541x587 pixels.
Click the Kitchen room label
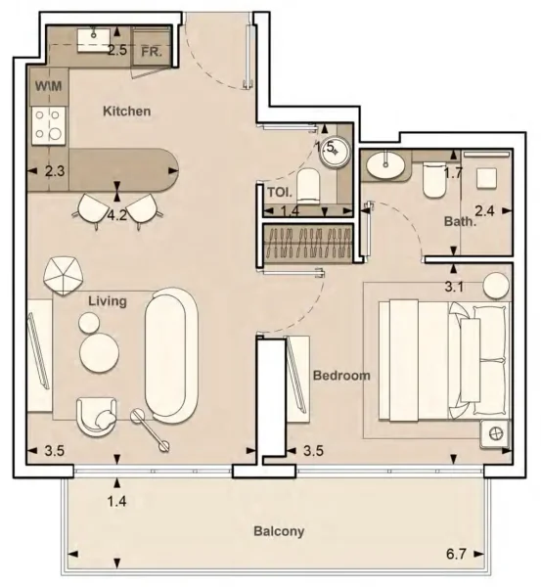coord(127,112)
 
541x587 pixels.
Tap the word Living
coord(107,301)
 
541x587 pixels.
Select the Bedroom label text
coord(341,376)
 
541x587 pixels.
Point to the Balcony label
coord(279,532)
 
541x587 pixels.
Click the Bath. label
coord(460,222)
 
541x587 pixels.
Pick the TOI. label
coord(280,192)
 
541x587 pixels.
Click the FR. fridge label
coord(152,50)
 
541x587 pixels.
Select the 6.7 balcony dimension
coord(455,555)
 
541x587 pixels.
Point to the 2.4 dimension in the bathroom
coord(484,209)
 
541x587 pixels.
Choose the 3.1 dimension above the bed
coord(454,287)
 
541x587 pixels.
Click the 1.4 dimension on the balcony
coord(118,502)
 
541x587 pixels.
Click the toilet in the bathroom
coord(430,180)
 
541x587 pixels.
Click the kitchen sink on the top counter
coord(93,39)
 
